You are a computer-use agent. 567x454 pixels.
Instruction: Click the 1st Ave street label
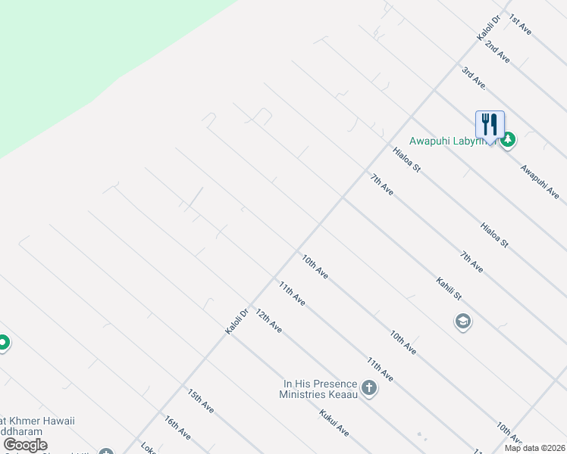[521, 28]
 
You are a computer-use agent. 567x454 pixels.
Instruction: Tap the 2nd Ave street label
[498, 51]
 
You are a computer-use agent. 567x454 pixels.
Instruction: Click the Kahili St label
[449, 291]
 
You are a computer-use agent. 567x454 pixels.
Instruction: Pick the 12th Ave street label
[268, 321]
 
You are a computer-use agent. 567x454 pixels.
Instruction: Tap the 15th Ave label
[201, 401]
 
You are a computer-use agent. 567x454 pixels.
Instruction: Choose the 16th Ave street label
[177, 428]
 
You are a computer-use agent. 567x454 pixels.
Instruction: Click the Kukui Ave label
[334, 423]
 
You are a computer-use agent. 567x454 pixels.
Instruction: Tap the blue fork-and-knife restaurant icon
[490, 125]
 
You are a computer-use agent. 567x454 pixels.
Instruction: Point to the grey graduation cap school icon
[462, 322]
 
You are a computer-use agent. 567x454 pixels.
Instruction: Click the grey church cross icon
[369, 389]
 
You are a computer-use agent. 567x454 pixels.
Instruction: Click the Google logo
[25, 445]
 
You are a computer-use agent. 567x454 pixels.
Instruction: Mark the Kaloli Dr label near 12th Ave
[237, 321]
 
